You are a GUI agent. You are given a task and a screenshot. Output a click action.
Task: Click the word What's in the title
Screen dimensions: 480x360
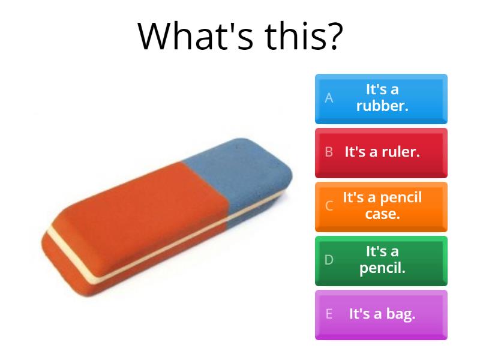[x=196, y=35]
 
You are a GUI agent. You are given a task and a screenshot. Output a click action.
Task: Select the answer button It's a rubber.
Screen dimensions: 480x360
[x=381, y=99]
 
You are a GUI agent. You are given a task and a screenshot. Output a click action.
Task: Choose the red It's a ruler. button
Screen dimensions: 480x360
[x=381, y=153]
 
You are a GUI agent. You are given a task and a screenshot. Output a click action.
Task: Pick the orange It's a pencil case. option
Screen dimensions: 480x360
[x=381, y=207]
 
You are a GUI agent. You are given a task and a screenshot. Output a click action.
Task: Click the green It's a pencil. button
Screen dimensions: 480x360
[x=381, y=261]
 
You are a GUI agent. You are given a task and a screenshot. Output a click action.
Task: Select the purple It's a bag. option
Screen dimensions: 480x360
[x=381, y=315]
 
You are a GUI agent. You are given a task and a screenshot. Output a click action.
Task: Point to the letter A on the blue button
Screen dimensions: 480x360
[x=329, y=98]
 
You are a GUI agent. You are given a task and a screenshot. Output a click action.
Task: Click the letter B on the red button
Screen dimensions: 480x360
[x=329, y=152]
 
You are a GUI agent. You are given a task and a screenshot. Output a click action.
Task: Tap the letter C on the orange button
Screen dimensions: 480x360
[x=329, y=206]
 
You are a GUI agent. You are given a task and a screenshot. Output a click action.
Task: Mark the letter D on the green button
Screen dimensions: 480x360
[x=329, y=260]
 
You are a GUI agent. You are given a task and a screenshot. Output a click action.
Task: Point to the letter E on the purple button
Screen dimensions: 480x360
[x=329, y=314]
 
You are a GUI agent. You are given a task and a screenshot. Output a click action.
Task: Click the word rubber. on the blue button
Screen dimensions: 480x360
[x=382, y=106]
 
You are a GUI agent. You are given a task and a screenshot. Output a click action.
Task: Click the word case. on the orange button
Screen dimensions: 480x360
[x=382, y=214]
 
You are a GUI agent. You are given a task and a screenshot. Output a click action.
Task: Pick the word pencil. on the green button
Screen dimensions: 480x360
[x=382, y=268]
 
